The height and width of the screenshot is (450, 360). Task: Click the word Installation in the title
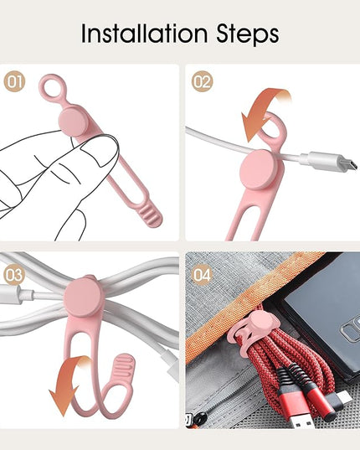click(144, 34)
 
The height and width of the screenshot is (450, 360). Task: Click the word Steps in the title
click(247, 34)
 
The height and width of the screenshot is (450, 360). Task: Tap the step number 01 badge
click(14, 81)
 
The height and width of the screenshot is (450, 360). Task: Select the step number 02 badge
click(202, 81)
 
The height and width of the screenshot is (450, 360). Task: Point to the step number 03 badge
click(14, 275)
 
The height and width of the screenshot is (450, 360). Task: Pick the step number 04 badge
click(202, 275)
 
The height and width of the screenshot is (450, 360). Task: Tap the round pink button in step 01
click(74, 120)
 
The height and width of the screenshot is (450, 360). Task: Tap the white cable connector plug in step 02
click(330, 162)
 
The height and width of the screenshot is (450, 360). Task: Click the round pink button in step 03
click(84, 297)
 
